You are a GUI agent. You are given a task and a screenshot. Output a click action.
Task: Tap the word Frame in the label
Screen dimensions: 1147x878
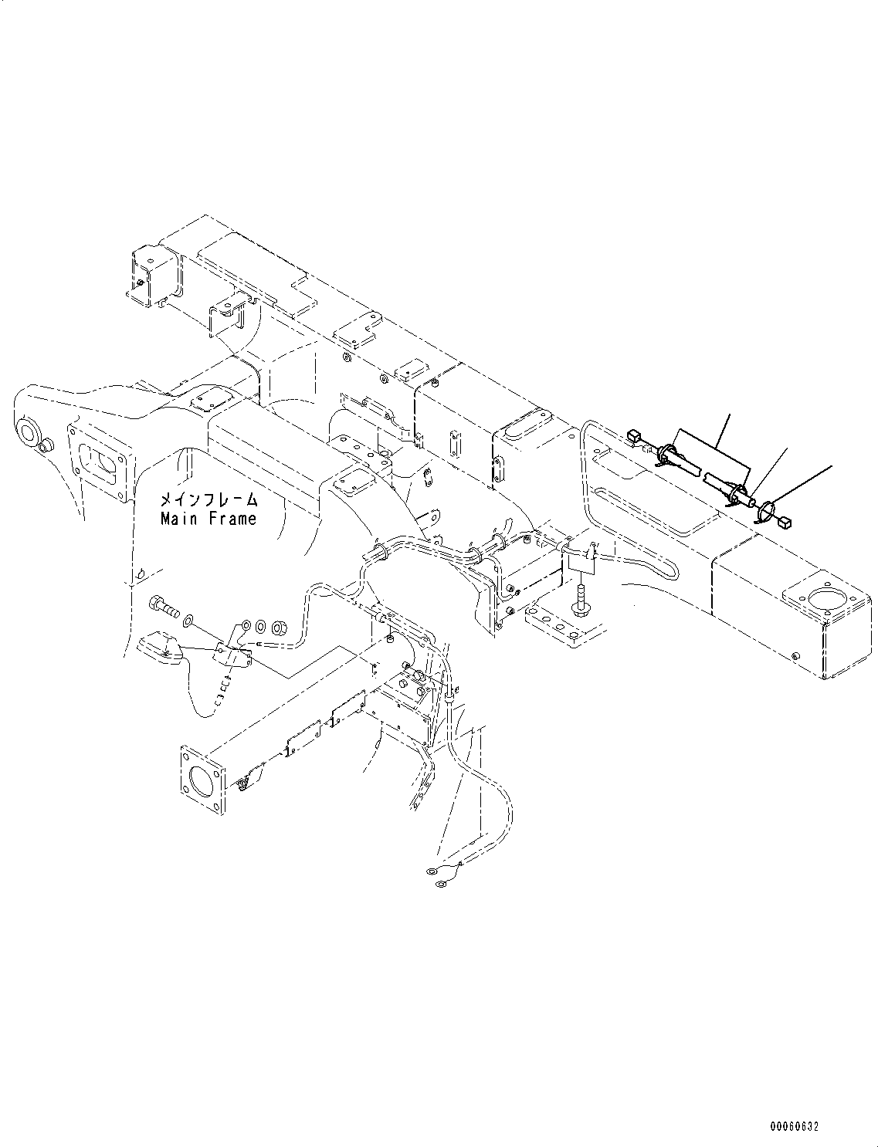click(230, 519)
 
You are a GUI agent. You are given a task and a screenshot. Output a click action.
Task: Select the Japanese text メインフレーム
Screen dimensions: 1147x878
click(208, 500)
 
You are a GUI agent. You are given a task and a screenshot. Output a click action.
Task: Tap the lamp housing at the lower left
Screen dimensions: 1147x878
click(158, 648)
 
